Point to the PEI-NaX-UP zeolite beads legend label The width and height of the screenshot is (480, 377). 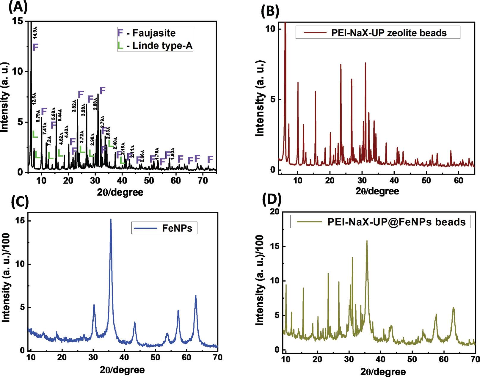(x=389, y=32)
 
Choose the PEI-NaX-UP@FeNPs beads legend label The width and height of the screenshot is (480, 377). (x=396, y=222)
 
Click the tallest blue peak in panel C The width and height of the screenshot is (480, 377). (x=111, y=220)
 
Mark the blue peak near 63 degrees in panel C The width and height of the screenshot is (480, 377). (x=196, y=296)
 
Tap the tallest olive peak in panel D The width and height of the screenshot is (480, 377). (x=367, y=241)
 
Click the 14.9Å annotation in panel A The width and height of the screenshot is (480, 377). (x=35, y=33)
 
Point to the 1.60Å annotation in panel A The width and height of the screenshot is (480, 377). (x=172, y=152)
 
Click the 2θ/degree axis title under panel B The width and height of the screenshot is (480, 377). (x=377, y=191)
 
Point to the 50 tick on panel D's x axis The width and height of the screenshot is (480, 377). (x=412, y=359)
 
